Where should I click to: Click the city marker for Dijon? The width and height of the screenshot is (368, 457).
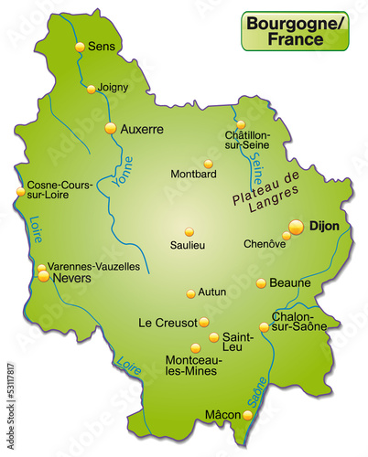tap(296, 225)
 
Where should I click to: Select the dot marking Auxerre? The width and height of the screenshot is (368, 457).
tap(112, 129)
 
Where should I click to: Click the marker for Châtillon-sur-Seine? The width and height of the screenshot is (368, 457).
tap(241, 124)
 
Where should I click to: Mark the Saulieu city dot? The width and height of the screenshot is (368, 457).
tap(189, 231)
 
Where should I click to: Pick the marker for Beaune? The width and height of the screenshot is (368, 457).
tap(261, 283)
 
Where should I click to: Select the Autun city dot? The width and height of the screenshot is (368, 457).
tap(190, 293)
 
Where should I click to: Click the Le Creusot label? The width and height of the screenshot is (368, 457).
tap(167, 323)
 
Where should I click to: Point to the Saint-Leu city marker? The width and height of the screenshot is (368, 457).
tap(213, 337)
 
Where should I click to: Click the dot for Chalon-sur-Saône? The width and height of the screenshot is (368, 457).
tap(264, 326)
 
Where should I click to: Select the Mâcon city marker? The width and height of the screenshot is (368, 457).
tap(247, 416)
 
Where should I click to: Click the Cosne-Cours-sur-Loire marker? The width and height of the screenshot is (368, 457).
tap(20, 192)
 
